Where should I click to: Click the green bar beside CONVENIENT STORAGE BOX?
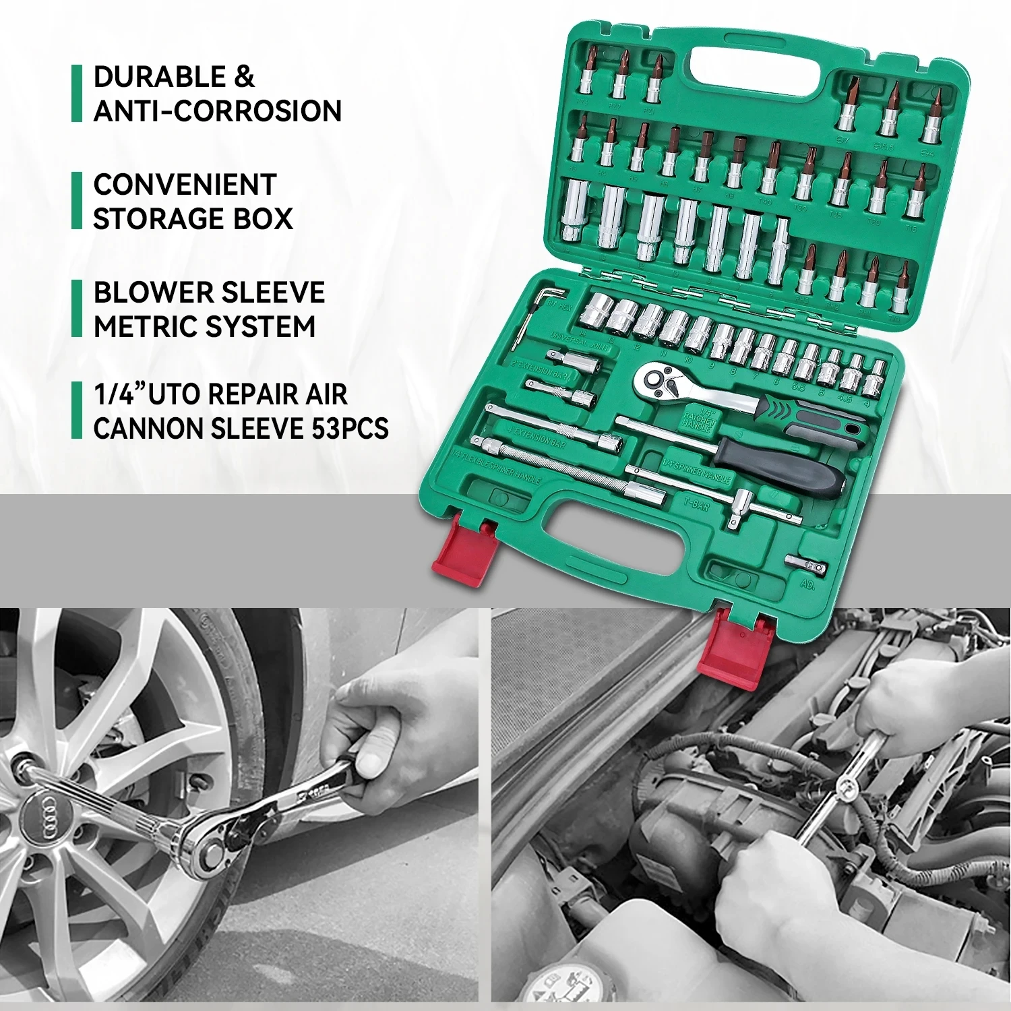77,201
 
